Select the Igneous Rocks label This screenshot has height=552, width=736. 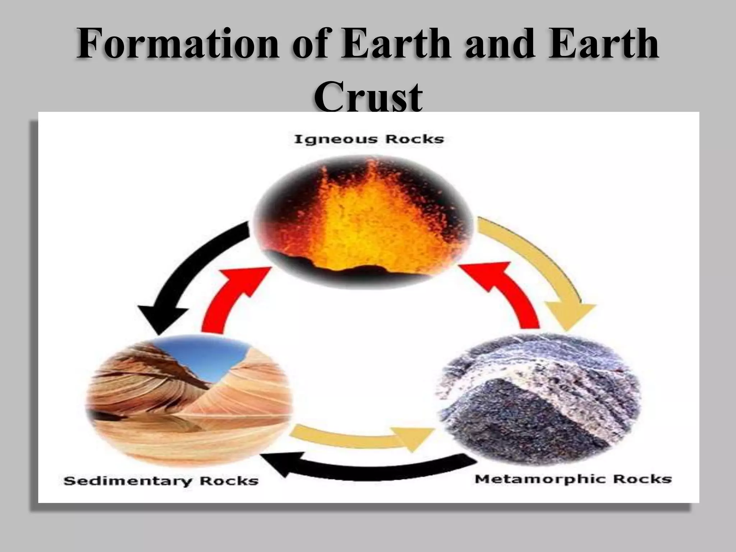[x=369, y=139]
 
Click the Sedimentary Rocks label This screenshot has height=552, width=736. [x=161, y=480]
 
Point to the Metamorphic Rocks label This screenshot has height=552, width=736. [x=573, y=479]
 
